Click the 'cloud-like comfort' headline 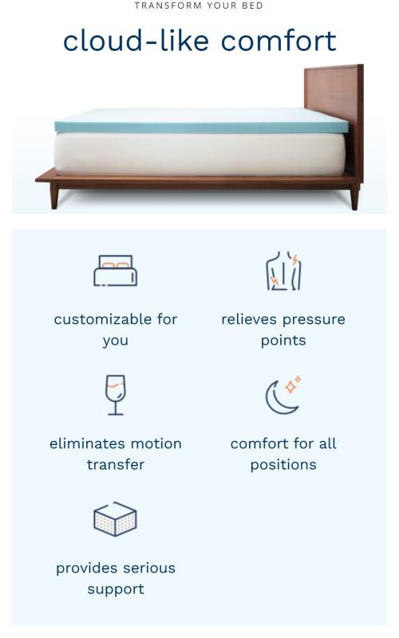click(199, 41)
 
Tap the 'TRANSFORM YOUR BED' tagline click(199, 6)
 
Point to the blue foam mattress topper click(199, 121)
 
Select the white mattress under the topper click(199, 154)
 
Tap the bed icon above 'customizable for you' click(116, 271)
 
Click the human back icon click(283, 272)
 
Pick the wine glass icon click(116, 396)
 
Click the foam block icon click(116, 519)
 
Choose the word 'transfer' click(116, 464)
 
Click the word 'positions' click(283, 464)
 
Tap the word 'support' click(116, 589)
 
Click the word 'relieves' click(247, 319)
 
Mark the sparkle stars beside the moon click(293, 384)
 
